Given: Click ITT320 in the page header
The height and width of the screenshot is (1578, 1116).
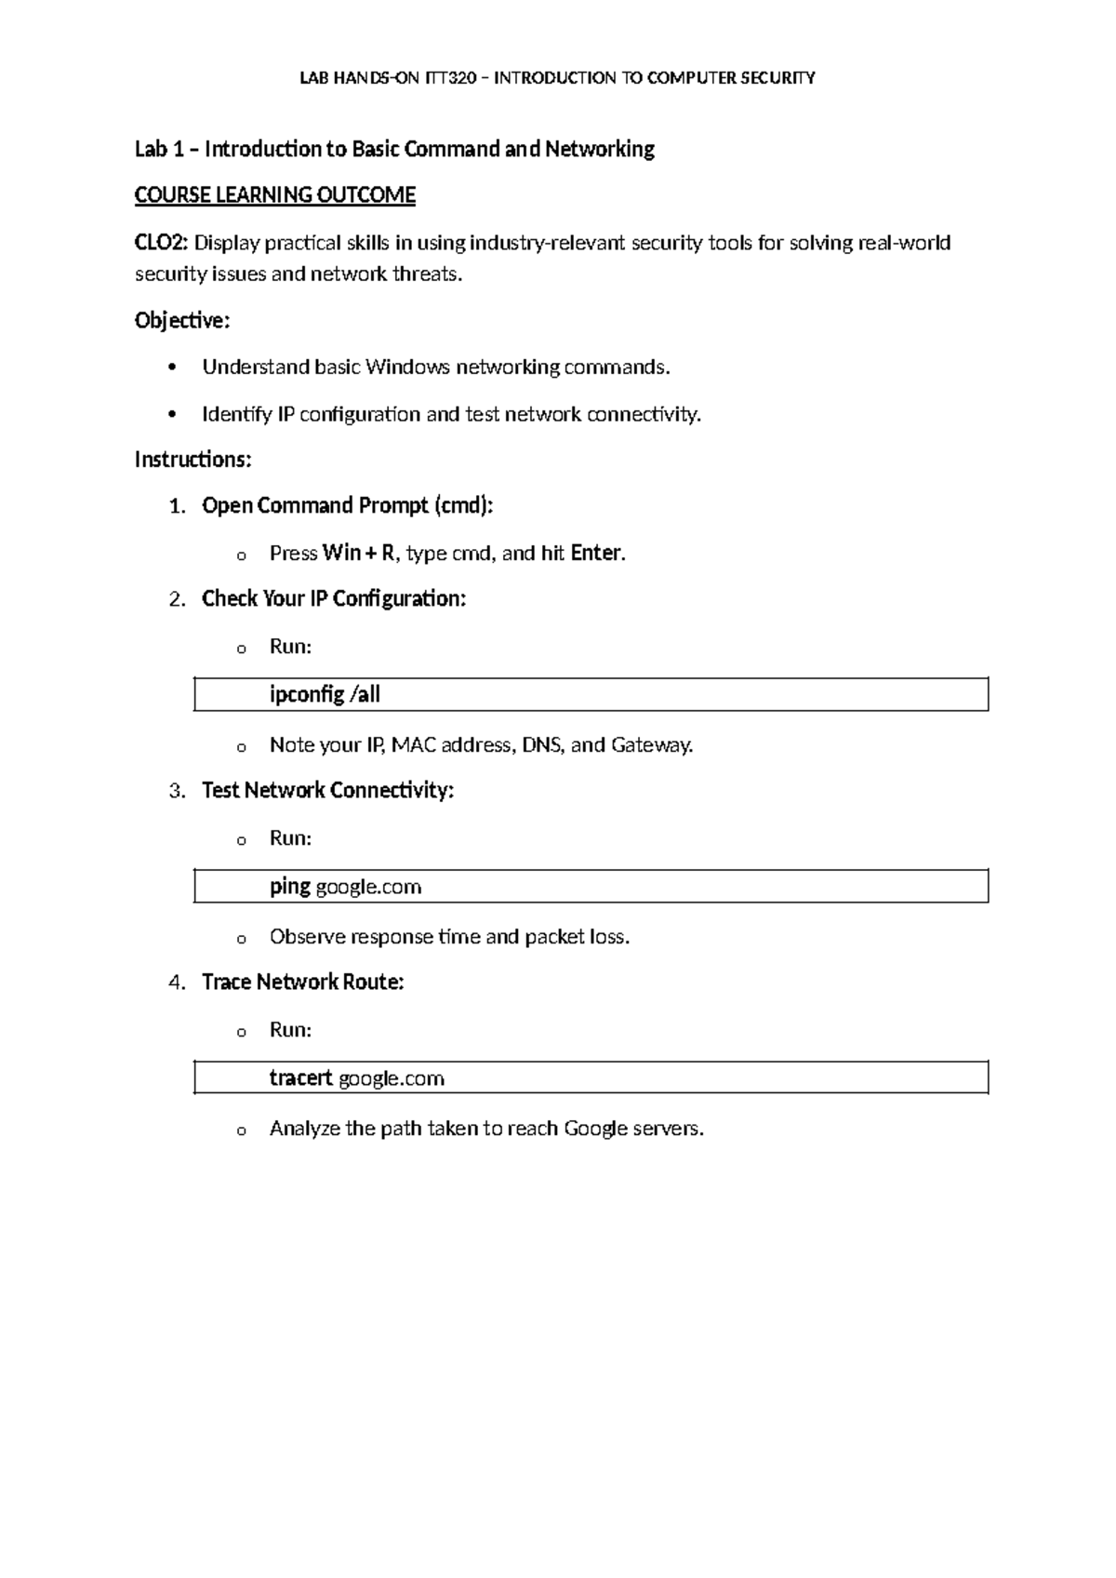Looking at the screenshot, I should point(450,78).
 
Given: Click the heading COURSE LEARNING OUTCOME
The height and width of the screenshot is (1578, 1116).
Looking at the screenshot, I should point(274,195).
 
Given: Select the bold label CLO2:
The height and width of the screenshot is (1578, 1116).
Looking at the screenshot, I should point(162,244).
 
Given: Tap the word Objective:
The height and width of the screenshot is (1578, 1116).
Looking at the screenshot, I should point(181,321).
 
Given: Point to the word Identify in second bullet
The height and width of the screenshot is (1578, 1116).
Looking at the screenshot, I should point(236,414).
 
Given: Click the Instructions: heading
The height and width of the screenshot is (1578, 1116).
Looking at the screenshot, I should point(193,460).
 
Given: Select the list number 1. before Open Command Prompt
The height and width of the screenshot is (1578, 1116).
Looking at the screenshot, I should point(177,506).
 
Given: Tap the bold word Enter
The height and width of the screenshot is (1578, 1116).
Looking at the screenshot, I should point(595,554).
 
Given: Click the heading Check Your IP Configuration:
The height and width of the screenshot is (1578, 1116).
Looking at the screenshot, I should point(333,599).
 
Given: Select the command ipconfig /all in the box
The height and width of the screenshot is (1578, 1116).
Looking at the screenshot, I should point(325,695).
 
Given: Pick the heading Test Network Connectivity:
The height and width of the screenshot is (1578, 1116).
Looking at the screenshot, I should point(327,791).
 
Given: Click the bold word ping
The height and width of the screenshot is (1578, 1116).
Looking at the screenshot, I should point(289,887).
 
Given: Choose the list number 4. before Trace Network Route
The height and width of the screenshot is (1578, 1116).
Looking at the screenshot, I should point(177,983).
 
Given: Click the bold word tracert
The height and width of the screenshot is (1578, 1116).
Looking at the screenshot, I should point(300,1078).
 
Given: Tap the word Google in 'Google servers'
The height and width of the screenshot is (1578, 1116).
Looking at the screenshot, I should point(595,1129).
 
